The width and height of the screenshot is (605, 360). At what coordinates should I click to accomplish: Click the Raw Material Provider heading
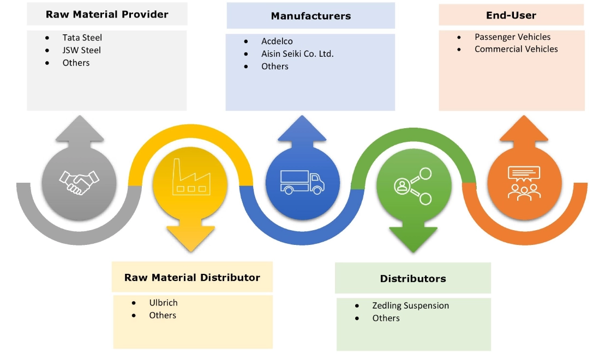point(107,14)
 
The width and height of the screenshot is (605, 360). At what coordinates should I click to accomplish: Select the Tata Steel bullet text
point(82,38)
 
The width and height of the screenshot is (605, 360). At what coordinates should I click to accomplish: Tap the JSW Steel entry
point(81,50)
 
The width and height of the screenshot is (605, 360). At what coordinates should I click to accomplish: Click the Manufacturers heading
point(310,16)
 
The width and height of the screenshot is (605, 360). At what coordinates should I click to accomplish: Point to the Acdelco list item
point(277,41)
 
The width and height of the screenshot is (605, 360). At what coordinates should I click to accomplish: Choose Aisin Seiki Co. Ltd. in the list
point(297,53)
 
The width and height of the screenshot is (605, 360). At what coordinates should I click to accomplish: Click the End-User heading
point(511,15)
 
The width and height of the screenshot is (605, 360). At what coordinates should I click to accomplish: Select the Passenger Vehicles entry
point(512,37)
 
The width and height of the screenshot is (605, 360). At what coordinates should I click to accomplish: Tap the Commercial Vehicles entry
point(516,49)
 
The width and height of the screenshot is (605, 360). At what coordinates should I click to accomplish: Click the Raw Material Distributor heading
point(192,278)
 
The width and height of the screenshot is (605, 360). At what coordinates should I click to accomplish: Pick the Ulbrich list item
point(163,303)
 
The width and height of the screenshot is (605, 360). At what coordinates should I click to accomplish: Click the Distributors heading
point(413,279)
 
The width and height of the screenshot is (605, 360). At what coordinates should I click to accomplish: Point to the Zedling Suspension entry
point(410,305)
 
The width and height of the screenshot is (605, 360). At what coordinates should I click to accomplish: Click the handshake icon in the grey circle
point(80,182)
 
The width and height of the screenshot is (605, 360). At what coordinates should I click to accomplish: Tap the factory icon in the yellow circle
point(190,177)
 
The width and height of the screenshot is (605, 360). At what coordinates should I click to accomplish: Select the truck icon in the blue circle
point(302,181)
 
